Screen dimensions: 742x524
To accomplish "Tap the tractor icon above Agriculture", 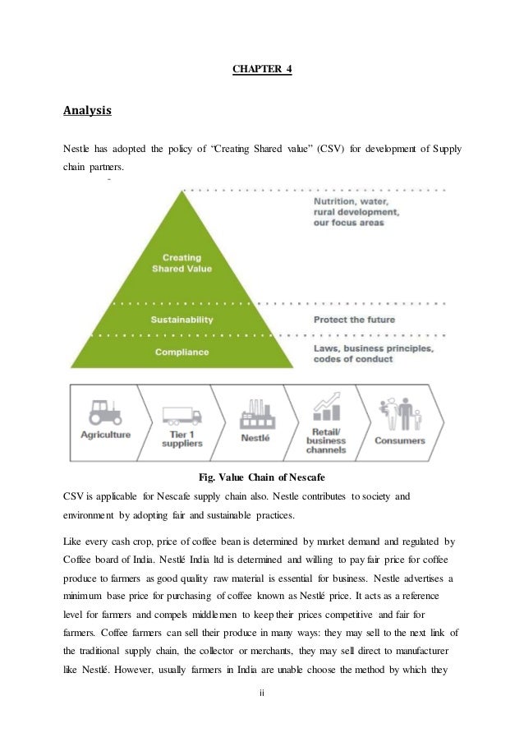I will [x=105, y=412].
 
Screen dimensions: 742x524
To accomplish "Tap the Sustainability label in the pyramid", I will [x=182, y=319].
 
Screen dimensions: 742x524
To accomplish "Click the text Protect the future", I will [x=354, y=320].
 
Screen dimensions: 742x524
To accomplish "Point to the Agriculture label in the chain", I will [x=105, y=435].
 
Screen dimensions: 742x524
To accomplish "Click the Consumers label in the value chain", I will [x=400, y=441].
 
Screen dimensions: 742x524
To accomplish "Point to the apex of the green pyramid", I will [x=182, y=192].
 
